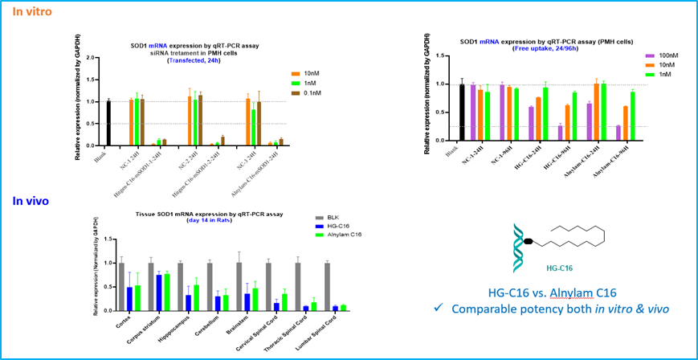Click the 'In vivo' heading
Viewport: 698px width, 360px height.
click(x=30, y=201)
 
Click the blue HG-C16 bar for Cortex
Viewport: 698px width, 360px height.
click(x=129, y=298)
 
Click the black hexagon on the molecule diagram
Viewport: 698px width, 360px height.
click(x=529, y=240)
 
